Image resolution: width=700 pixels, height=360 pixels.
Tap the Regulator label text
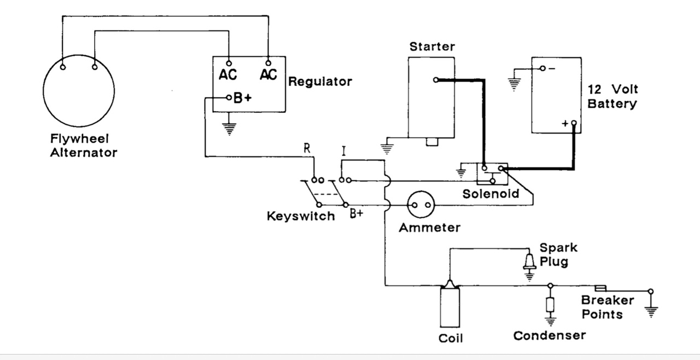click(320, 82)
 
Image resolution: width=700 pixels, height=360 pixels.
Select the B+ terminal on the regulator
click(229, 98)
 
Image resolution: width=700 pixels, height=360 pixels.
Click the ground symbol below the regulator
click(229, 129)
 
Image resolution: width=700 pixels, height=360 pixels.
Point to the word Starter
click(432, 47)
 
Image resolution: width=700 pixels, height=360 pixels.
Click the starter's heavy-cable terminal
click(436, 80)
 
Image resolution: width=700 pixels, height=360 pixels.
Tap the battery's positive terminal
click(574, 123)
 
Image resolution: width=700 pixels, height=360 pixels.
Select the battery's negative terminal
click(543, 68)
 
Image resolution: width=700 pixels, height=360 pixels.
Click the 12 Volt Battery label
click(612, 96)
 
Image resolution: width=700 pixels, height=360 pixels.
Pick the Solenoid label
click(491, 194)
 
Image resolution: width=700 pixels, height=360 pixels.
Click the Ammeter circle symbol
click(421, 191)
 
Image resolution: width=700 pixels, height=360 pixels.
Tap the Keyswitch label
click(301, 216)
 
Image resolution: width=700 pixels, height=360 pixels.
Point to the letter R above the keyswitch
click(307, 148)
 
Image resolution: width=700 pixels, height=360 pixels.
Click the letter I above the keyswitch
click(344, 151)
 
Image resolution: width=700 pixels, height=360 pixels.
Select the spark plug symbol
click(529, 262)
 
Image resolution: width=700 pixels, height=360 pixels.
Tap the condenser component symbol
click(550, 305)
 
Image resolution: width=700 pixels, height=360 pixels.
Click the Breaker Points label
click(608, 307)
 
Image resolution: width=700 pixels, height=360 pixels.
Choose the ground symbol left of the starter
click(387, 149)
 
